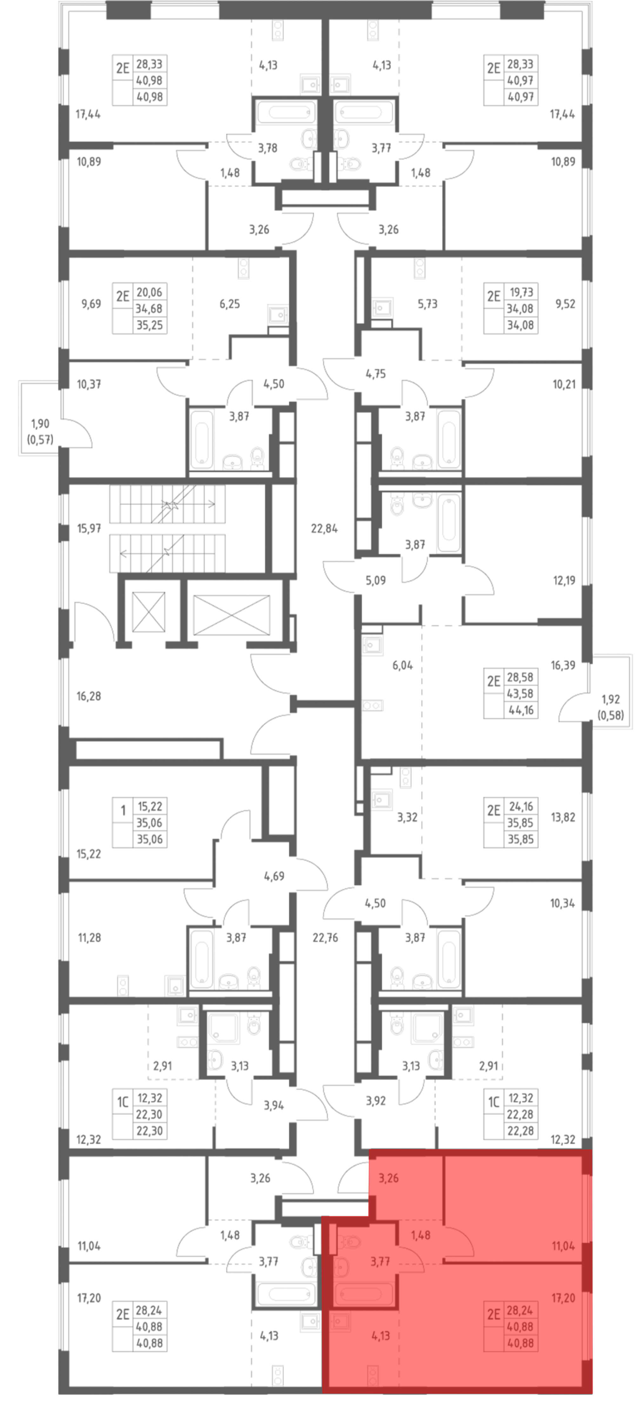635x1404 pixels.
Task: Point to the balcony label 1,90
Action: (40, 423)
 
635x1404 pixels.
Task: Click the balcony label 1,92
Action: (611, 699)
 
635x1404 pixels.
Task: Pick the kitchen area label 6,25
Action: (230, 304)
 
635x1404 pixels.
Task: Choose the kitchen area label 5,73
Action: (427, 304)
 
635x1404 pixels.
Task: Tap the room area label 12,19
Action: (564, 580)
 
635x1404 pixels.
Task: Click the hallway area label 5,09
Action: (376, 580)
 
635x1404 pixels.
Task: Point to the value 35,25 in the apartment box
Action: (149, 325)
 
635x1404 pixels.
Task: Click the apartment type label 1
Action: (123, 811)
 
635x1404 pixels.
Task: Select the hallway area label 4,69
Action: (274, 876)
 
